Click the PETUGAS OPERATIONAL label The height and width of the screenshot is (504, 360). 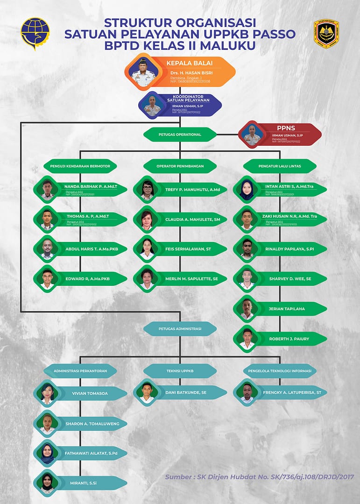(180, 135)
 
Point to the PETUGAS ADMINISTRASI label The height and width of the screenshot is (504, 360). (180, 329)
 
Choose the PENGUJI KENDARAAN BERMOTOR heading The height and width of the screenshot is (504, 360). (80, 166)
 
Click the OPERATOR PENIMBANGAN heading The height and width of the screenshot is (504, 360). (180, 166)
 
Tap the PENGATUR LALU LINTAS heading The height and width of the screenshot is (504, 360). (280, 166)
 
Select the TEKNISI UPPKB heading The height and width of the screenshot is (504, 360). (180, 371)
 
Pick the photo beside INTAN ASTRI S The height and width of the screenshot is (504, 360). (247, 190)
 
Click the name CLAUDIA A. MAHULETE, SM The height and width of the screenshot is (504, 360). (196, 219)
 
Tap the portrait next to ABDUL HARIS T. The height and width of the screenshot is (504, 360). (47, 249)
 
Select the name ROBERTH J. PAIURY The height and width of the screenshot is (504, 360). (289, 339)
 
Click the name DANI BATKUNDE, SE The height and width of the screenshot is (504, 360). (186, 393)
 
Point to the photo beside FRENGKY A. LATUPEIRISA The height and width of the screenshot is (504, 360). (247, 393)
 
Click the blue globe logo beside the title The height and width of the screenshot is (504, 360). (35, 33)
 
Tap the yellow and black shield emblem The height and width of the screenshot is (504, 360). (326, 33)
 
